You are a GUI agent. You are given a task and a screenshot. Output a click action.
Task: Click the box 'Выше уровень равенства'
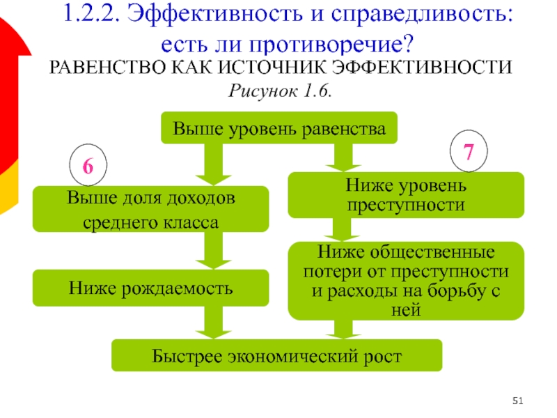(x=279, y=128)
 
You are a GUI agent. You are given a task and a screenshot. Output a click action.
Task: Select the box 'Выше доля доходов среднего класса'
(x=150, y=209)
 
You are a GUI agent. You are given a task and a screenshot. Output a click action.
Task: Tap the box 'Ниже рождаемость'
(x=150, y=288)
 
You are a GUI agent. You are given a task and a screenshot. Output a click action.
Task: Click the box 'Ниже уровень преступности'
(x=406, y=195)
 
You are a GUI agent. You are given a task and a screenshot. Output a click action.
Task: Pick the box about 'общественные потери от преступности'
(x=406, y=280)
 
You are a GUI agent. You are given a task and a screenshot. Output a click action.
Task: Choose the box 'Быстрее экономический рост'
(x=277, y=355)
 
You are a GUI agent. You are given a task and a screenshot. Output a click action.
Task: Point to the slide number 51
(x=517, y=400)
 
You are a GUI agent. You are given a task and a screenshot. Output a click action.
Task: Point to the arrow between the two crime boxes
(x=341, y=229)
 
